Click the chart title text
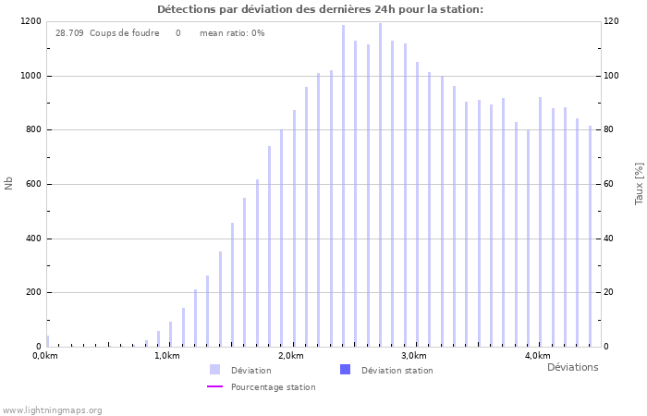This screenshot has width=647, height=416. [x=320, y=9]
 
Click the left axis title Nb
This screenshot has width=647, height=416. [x=9, y=183]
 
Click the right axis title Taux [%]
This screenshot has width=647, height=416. [x=639, y=183]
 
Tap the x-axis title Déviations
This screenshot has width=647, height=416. [x=572, y=367]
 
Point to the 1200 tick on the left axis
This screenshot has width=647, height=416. [x=30, y=21]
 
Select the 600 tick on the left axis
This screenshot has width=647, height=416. [x=32, y=184]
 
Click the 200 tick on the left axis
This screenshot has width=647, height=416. [x=32, y=292]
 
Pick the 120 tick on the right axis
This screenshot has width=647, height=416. [x=612, y=21]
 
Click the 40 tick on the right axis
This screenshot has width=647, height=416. [x=610, y=239]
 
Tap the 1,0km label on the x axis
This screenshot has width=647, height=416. [x=167, y=356]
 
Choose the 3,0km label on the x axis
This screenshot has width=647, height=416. [x=414, y=356]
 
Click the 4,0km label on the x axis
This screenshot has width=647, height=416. [x=537, y=356]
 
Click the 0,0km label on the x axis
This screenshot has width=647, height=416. [x=44, y=356]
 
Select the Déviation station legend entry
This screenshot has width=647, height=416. [x=397, y=371]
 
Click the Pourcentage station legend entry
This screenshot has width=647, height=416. [x=273, y=387]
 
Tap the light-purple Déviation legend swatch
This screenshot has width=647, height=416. [x=214, y=370]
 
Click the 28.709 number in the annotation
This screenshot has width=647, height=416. [x=69, y=33]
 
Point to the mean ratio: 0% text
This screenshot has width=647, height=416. [x=232, y=33]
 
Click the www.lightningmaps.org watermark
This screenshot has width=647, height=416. [x=53, y=410]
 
